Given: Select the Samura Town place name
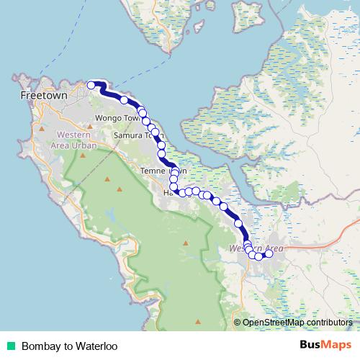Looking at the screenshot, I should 134,135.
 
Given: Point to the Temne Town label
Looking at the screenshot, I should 158,171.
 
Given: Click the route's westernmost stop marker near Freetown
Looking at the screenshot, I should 91,86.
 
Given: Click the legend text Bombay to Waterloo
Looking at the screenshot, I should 69,346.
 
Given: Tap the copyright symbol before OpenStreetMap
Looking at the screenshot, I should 238,322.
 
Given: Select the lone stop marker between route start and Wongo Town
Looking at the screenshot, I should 124,100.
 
